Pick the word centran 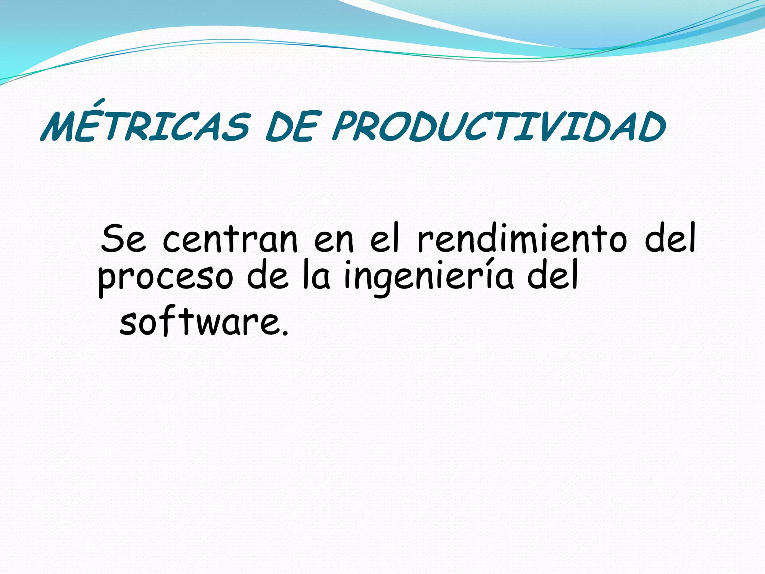pos(230,238)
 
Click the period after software pos(285,333)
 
